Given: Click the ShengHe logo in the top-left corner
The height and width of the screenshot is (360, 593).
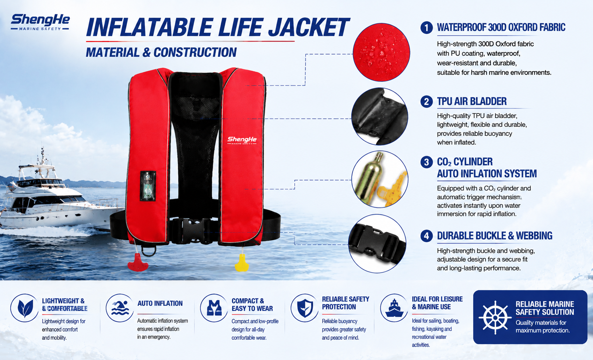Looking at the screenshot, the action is click(x=40, y=22).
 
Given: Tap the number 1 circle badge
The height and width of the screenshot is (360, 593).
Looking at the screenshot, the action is click(x=427, y=28).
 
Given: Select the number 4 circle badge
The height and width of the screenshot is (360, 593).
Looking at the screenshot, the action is click(x=427, y=236).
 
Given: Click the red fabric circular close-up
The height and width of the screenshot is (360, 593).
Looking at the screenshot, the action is click(x=381, y=52).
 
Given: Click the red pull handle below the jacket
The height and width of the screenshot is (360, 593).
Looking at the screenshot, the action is click(x=138, y=262).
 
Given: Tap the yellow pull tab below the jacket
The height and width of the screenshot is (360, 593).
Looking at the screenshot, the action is click(x=242, y=263).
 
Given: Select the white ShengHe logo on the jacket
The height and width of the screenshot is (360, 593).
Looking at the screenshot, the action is click(x=242, y=140).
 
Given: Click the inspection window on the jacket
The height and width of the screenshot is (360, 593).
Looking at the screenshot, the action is click(x=148, y=186).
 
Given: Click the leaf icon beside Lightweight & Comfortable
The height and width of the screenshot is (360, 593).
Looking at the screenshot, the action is click(x=25, y=308).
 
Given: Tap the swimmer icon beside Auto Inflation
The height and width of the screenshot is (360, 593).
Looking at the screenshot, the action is click(x=120, y=308).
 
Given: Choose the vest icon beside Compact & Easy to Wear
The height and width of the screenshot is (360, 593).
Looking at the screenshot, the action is click(x=214, y=308).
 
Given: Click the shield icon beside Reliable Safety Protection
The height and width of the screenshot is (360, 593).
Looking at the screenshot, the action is click(x=305, y=308).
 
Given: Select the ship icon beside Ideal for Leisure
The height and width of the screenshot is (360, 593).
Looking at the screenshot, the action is click(x=394, y=308).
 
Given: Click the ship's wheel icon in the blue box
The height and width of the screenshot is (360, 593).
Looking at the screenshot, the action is click(x=495, y=317).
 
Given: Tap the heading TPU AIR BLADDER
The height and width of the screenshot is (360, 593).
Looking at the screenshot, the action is click(x=472, y=101).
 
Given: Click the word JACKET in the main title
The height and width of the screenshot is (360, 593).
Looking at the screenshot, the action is click(x=309, y=27).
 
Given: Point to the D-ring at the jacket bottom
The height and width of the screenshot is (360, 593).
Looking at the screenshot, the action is click(x=149, y=250).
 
